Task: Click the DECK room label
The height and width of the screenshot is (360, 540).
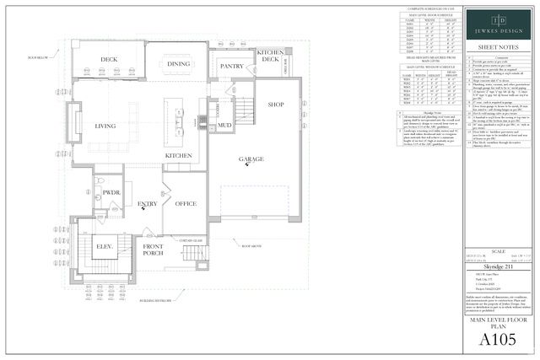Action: tap(110, 60)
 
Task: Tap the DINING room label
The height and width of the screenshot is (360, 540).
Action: tap(178, 64)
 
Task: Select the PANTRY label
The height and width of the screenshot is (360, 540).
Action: tap(231, 66)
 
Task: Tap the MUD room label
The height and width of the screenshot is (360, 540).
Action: tap(224, 126)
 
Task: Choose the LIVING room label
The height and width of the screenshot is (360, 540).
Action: tap(105, 126)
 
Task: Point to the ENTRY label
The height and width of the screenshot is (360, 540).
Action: tap(148, 203)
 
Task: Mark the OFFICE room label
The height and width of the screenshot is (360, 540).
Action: tap(185, 203)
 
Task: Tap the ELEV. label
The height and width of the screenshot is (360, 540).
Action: tap(106, 247)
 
